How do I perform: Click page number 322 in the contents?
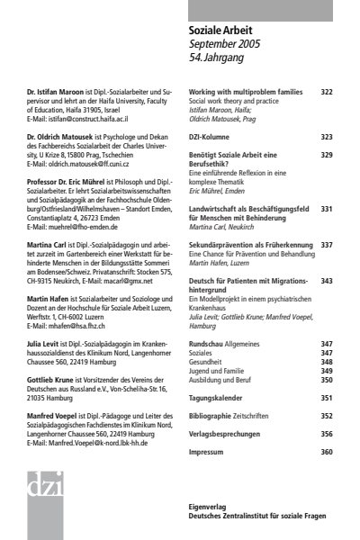326,92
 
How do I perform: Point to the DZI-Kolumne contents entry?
214,137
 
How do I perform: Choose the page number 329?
326,156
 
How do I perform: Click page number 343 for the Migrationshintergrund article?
326,281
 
